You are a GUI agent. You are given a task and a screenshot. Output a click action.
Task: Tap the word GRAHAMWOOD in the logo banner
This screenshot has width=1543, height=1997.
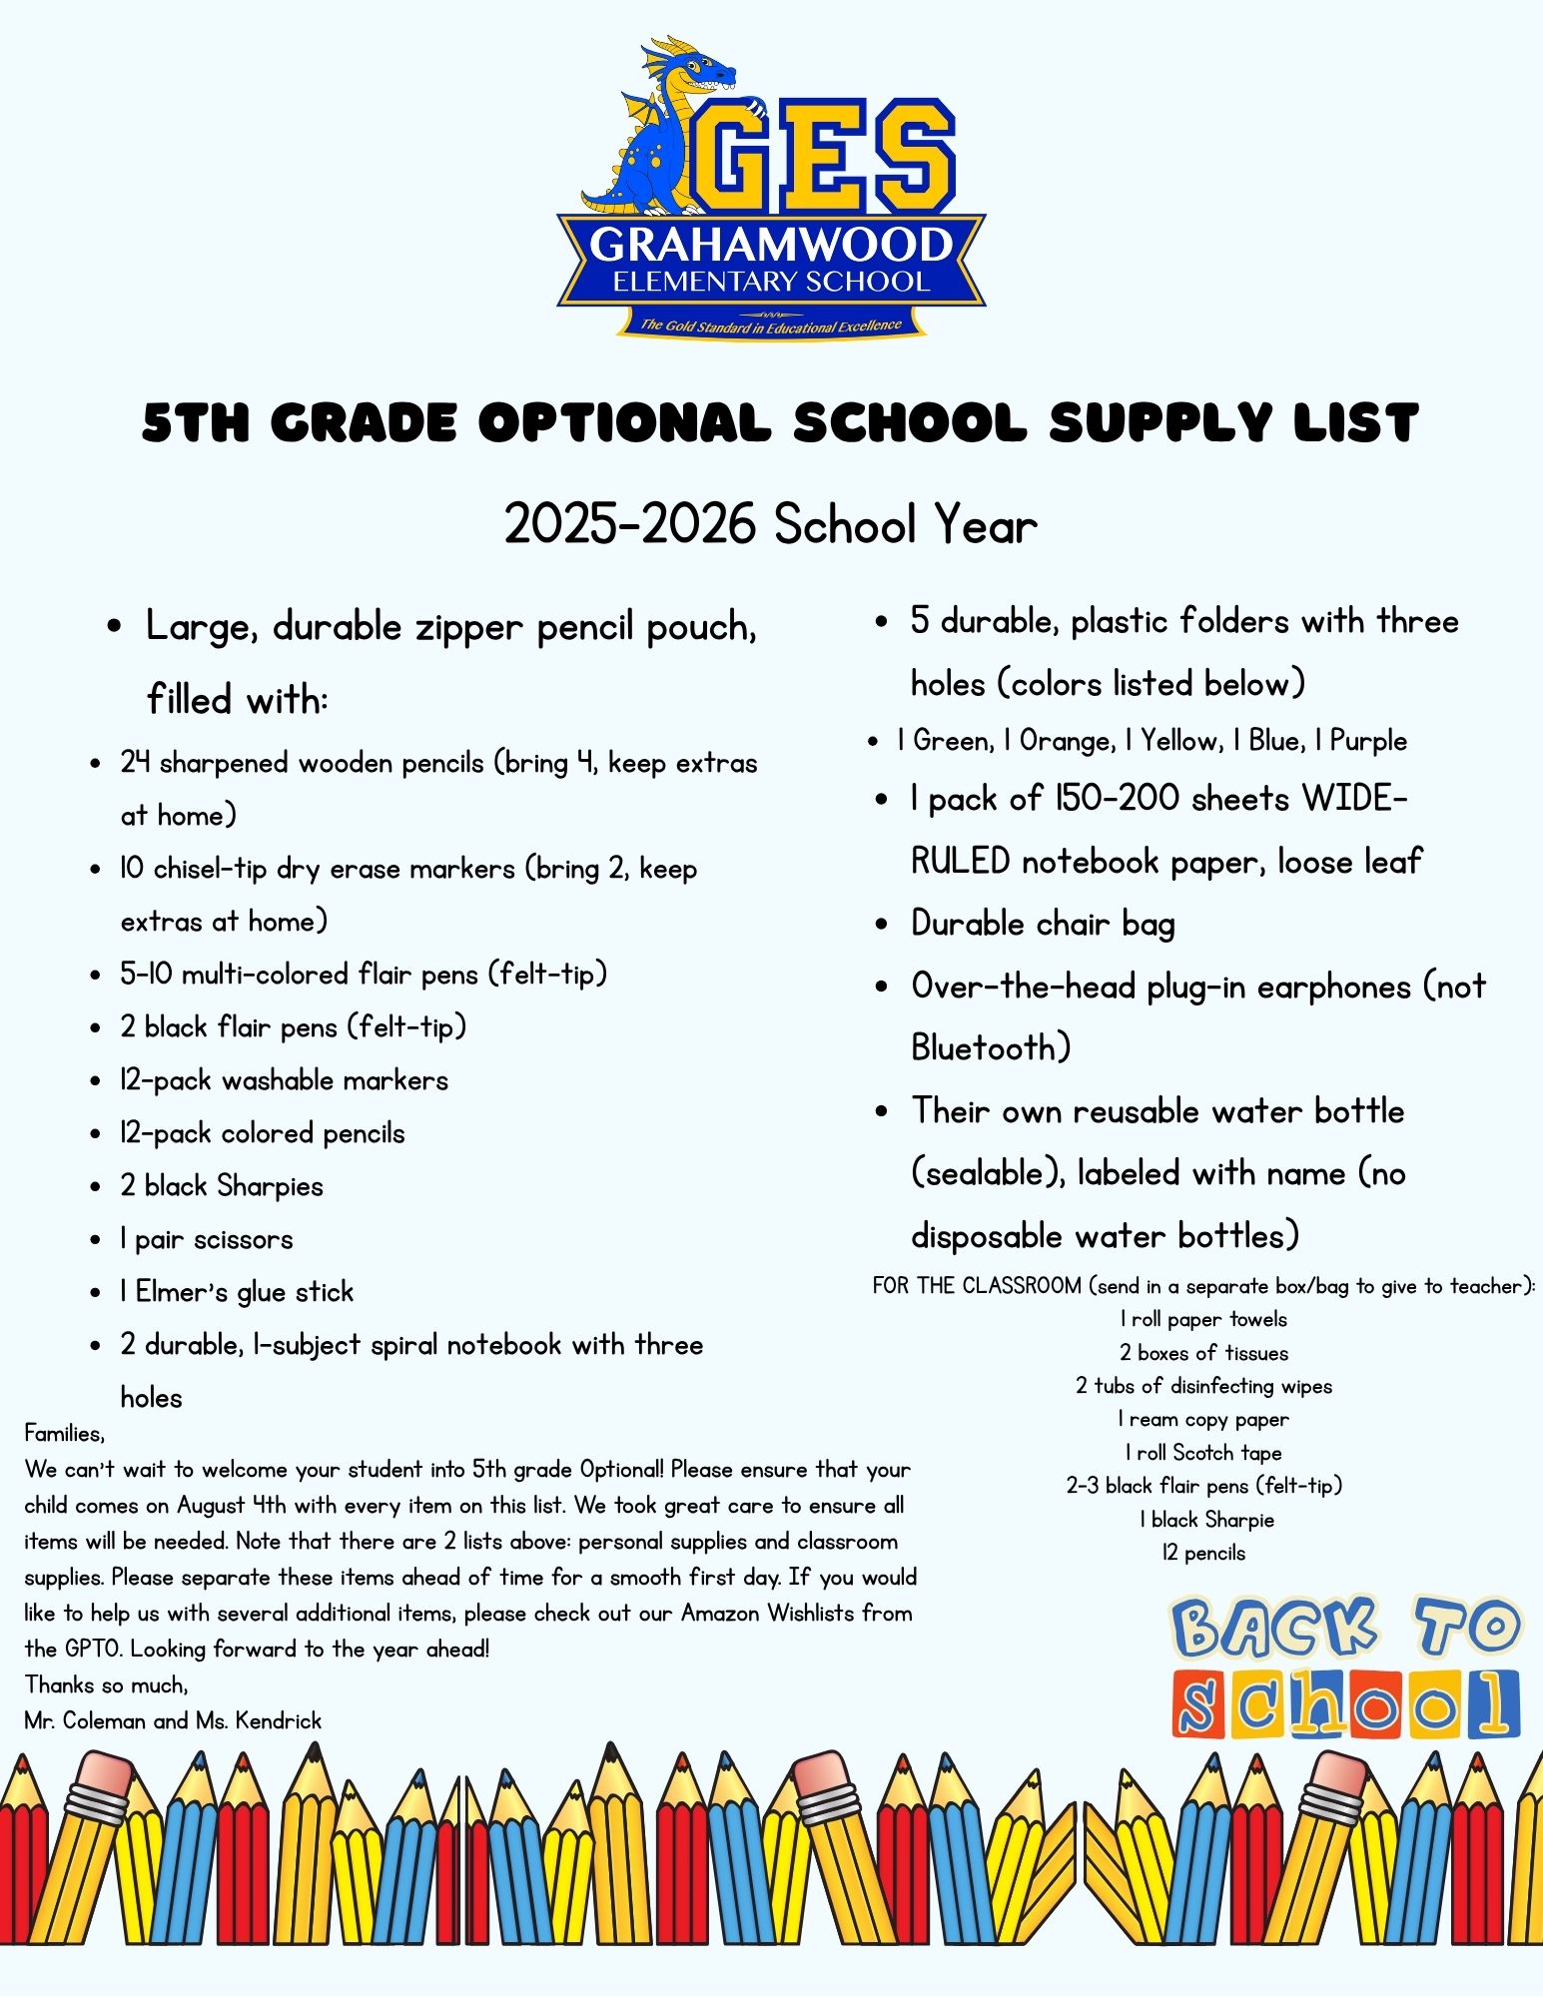[x=771, y=246]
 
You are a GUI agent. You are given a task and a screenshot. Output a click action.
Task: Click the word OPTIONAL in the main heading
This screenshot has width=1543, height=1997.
[x=624, y=422]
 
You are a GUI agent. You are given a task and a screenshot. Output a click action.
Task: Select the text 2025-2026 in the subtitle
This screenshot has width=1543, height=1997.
[x=629, y=524]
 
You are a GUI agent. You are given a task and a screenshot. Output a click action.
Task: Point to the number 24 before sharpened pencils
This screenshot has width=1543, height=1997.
[x=135, y=763]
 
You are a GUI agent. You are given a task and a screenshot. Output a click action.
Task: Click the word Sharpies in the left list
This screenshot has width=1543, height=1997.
[x=271, y=1186]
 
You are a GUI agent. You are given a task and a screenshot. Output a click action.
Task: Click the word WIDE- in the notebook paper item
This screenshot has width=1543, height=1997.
[x=1354, y=799]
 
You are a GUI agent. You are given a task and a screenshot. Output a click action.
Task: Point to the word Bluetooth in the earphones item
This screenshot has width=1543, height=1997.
[x=990, y=1048]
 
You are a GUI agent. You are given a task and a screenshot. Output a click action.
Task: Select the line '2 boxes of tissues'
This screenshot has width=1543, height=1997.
[x=1203, y=1353]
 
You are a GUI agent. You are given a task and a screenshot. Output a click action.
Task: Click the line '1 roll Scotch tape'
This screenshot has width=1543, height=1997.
[x=1203, y=1453]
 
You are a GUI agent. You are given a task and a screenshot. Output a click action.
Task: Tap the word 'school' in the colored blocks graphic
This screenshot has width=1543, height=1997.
[x=1345, y=1705]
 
